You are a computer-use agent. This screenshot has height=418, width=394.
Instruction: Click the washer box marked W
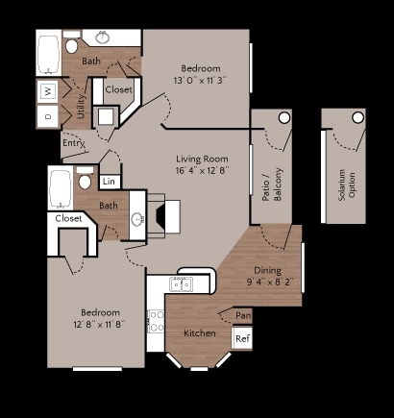[x=48, y=91]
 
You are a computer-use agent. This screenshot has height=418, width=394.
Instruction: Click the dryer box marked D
[x=48, y=114]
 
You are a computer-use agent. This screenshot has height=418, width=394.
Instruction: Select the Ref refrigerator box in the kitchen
[x=242, y=338]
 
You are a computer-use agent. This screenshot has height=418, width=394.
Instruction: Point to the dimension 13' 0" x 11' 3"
[x=199, y=81]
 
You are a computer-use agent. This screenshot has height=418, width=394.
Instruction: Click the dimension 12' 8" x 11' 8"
[x=100, y=326]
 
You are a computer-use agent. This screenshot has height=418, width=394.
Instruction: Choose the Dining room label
[x=267, y=271]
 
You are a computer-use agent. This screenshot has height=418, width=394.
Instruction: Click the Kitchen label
[x=199, y=332]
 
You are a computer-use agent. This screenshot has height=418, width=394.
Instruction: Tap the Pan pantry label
[x=243, y=315]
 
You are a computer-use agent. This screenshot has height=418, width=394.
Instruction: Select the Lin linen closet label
[x=109, y=182]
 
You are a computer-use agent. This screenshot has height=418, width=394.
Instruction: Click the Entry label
[x=73, y=143]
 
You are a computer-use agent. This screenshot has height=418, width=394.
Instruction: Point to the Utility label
[x=81, y=105]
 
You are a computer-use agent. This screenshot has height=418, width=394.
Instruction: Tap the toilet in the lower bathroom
[x=85, y=180]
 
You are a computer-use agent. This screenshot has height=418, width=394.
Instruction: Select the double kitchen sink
[x=181, y=283]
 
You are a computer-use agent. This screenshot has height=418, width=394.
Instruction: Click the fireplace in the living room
[x=156, y=217]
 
